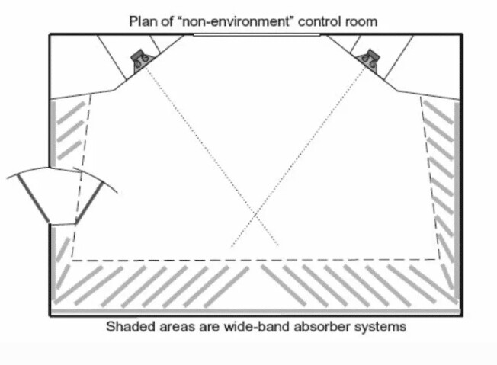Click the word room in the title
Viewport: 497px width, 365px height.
(x=361, y=21)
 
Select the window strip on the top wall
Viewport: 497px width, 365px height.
(x=255, y=35)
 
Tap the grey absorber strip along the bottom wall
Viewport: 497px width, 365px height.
(x=256, y=311)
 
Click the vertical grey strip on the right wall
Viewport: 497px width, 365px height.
(x=457, y=198)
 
